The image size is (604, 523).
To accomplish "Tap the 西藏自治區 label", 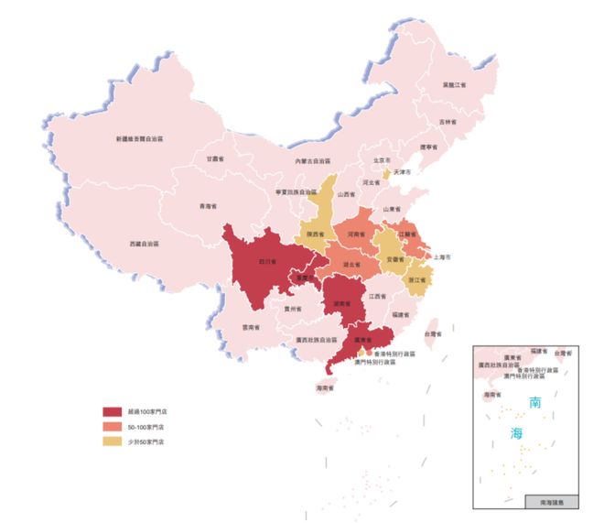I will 144,245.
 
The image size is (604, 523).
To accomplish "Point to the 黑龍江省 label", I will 455,84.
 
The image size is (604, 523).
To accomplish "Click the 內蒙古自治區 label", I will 314,161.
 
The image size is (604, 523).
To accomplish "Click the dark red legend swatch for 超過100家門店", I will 112,412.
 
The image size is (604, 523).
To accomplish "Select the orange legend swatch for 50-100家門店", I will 112,427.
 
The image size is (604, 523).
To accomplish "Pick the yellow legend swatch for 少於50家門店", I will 112,442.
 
